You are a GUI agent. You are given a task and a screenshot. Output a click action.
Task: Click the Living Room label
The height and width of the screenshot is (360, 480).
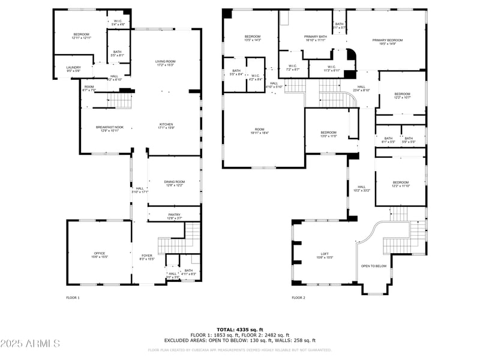[166, 63]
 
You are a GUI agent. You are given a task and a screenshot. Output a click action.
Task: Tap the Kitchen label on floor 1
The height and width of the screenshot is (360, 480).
[166, 126]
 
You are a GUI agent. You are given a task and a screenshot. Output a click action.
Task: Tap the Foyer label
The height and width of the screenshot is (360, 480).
[147, 257]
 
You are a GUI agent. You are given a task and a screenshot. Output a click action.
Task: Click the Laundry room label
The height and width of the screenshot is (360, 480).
[73, 68]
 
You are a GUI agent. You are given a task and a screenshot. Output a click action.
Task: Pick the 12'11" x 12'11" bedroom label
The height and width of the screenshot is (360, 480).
[81, 36]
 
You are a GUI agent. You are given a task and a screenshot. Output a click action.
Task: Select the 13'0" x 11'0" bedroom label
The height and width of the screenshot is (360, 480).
[328, 134]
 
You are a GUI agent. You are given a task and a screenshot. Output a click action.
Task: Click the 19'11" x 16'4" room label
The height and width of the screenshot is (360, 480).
[259, 131]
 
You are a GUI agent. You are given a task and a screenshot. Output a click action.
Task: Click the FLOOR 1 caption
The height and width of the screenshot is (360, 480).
[73, 297]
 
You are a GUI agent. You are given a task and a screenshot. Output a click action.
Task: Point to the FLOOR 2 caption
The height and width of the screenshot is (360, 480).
[298, 297]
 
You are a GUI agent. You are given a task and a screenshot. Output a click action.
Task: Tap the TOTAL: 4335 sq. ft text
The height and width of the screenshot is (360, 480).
[239, 329]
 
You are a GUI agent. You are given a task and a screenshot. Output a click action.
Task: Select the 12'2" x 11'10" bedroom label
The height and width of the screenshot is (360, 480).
[400, 184]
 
